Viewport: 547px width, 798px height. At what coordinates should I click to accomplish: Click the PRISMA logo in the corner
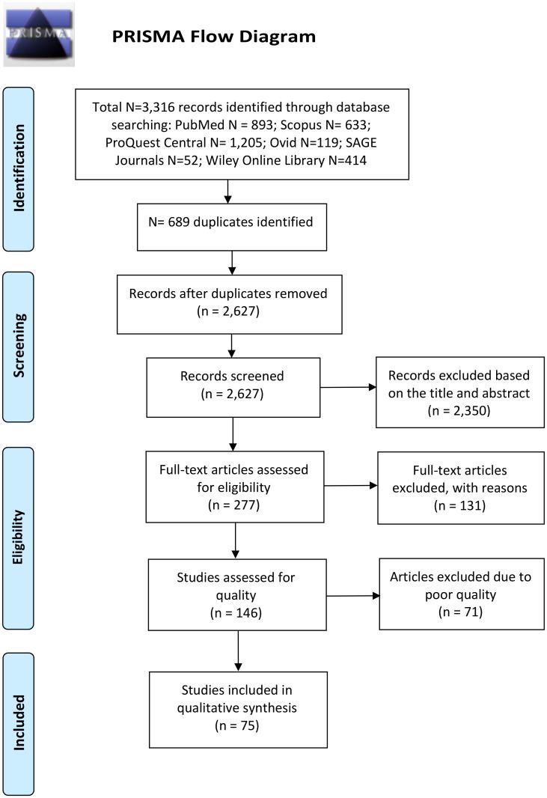point(39,34)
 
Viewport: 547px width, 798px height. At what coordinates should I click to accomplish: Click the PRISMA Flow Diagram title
point(213,36)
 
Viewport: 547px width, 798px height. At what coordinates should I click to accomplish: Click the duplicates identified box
point(233,222)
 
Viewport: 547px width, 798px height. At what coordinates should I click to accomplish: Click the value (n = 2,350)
point(459,411)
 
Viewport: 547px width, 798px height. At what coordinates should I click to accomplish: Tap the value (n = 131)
point(460,505)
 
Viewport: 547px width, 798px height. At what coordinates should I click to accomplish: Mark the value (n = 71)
point(461,612)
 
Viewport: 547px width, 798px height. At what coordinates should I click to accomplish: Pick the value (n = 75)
point(237,725)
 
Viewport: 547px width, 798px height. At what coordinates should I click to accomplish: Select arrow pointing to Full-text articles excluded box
point(351,485)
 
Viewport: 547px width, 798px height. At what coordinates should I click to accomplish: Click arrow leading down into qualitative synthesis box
point(237,651)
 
